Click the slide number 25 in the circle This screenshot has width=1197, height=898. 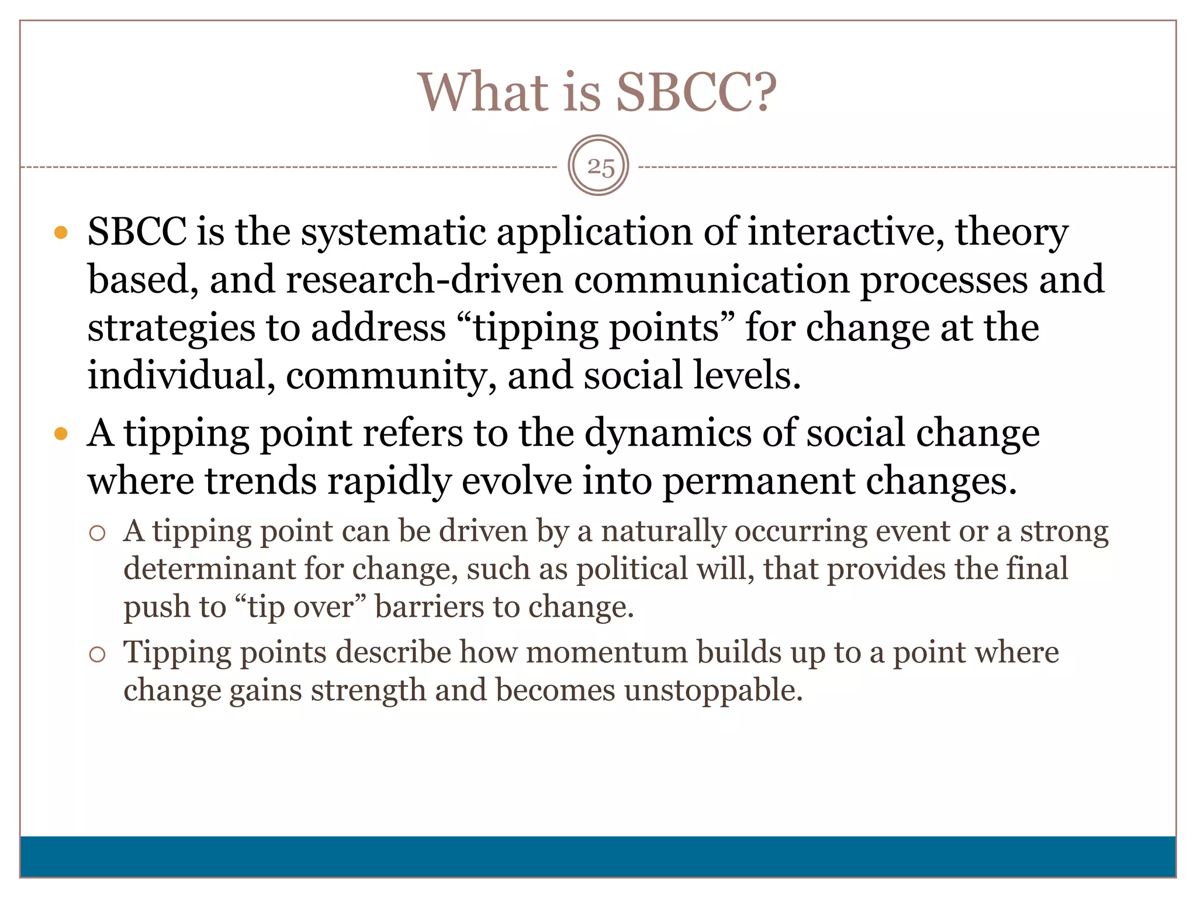(600, 167)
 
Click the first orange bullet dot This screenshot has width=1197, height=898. (61, 233)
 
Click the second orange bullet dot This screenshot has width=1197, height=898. (61, 434)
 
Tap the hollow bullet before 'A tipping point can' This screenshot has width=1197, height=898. (97, 533)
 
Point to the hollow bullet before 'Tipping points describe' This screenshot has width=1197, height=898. (97, 654)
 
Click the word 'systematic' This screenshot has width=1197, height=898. (393, 233)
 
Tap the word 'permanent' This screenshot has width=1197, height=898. (758, 481)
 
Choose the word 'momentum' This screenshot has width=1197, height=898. (607, 652)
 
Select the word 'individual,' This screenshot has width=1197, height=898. (181, 375)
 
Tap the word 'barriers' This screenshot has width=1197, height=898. (428, 607)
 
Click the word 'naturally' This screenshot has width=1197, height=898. (663, 532)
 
